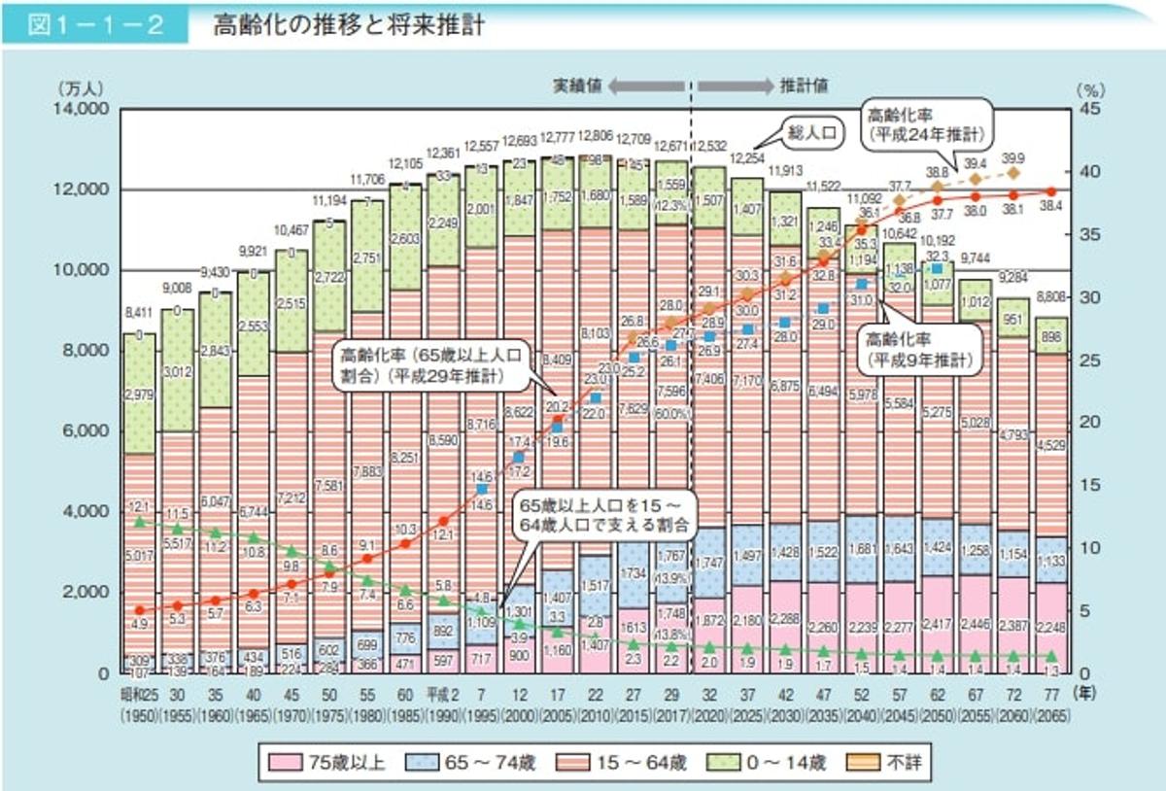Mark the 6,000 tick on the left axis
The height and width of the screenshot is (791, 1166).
[x=86, y=430]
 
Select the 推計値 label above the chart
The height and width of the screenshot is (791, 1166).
[x=804, y=86]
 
